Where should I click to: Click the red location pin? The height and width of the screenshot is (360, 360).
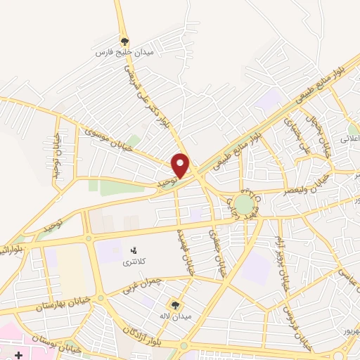[x=181, y=165]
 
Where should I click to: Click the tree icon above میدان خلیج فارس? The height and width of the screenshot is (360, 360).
[x=124, y=41]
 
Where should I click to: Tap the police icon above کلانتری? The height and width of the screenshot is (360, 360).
[x=133, y=250]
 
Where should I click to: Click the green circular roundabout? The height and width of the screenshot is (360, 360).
[x=244, y=205]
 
